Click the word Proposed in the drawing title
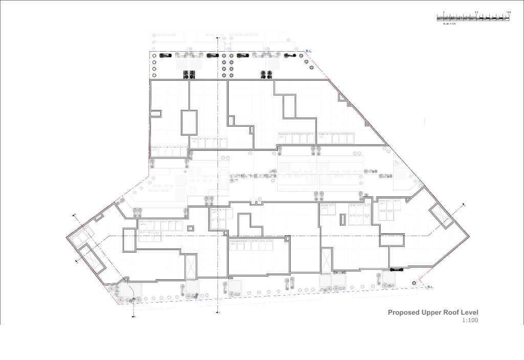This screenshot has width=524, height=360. point(403,312)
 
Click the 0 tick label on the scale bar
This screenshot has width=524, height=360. point(444,11)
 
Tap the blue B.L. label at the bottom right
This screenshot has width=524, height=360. point(430,287)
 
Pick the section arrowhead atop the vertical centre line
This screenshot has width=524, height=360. point(219,37)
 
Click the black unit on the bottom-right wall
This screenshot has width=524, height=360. point(397,268)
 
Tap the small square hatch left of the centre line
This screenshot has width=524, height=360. point(191,228)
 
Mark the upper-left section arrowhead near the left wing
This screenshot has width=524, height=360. point(76,215)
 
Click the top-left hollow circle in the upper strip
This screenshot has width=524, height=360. point(154,55)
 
